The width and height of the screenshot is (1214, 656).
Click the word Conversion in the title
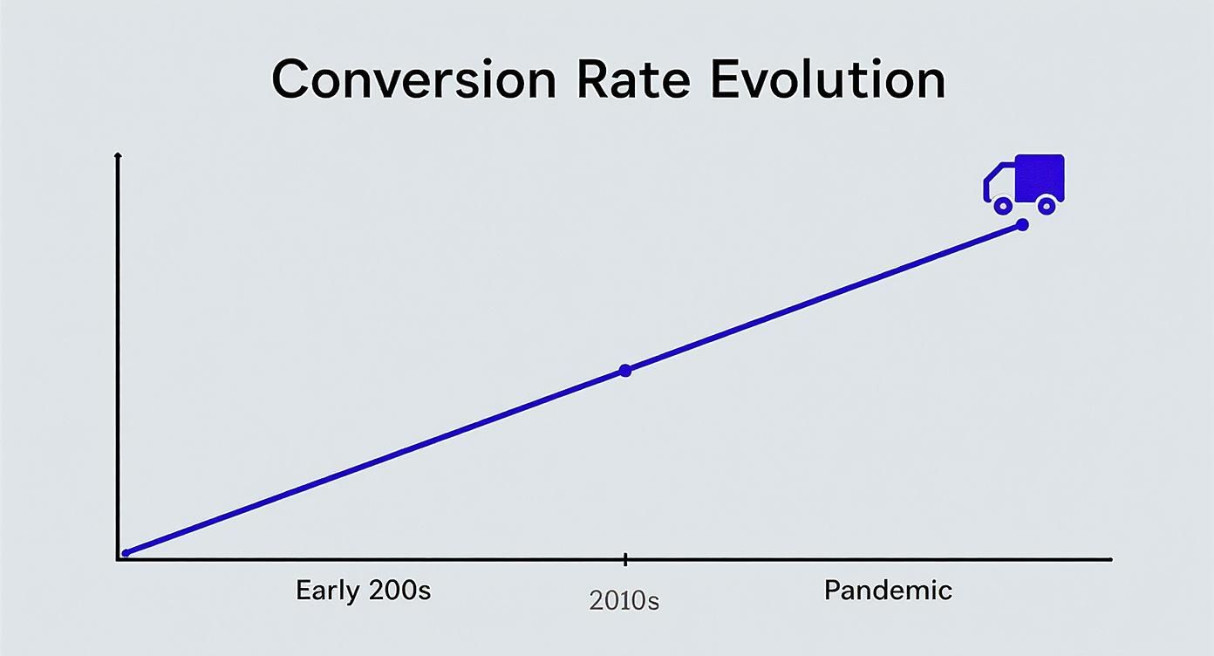tap(413, 79)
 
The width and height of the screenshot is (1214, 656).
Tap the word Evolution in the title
tap(827, 79)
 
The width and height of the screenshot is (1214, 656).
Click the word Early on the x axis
tap(327, 591)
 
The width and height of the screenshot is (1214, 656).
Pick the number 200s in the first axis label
tap(399, 591)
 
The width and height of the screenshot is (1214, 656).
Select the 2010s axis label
tap(624, 601)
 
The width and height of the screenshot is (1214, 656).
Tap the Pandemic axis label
tap(888, 591)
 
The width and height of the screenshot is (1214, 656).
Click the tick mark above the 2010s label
tap(625, 559)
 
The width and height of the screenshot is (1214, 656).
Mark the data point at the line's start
tap(126, 552)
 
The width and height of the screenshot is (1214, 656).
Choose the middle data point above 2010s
tap(624, 371)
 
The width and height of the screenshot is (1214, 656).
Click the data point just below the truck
tap(1023, 225)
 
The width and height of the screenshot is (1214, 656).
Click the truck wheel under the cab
tap(1003, 206)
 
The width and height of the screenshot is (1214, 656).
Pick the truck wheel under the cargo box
tap(1047, 206)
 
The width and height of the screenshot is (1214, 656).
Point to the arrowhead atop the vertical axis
tap(118, 156)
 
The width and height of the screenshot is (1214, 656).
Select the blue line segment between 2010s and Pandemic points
tap(824, 297)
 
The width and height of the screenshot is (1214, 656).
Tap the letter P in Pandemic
tap(832, 591)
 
